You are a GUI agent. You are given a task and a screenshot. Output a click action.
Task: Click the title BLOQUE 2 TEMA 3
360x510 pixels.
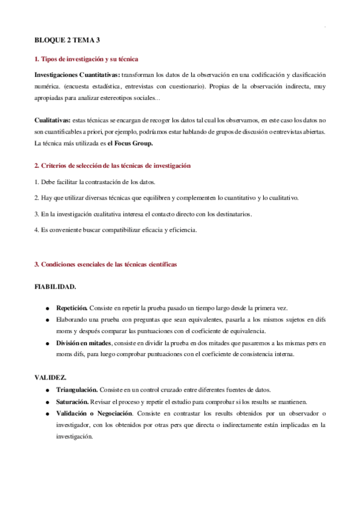66,40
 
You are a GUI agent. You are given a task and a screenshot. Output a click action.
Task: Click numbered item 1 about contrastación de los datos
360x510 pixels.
96,182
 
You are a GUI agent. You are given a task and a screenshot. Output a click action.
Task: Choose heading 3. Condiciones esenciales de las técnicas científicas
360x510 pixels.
105,264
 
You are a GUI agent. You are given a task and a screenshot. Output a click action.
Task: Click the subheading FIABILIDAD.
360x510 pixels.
55,287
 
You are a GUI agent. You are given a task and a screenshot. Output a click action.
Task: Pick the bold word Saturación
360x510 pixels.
72,401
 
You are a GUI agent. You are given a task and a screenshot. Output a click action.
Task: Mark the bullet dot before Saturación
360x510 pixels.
47,402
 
